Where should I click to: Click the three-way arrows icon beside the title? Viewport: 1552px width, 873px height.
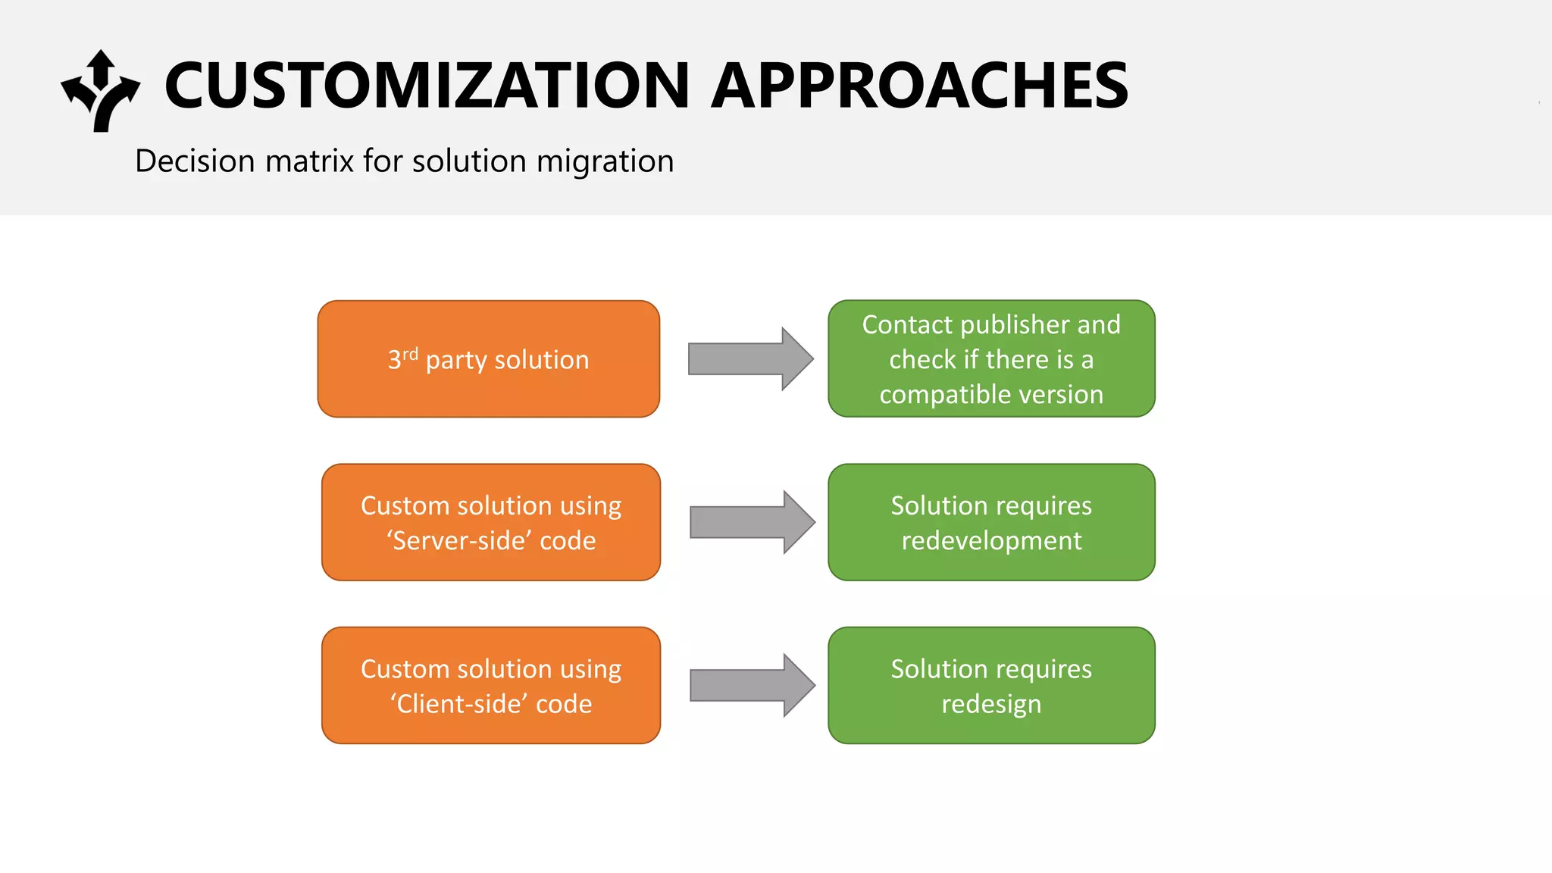point(101,91)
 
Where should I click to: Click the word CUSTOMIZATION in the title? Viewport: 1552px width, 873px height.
point(427,86)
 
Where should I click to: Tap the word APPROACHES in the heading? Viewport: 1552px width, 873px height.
point(919,86)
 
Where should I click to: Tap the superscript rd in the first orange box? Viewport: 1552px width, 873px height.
point(410,353)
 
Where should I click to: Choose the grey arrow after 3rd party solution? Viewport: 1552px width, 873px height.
point(749,359)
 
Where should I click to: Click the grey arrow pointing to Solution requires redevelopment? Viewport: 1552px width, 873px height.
point(751,522)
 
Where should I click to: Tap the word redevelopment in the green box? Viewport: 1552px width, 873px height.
point(991,541)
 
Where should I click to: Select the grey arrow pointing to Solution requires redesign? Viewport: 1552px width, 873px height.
point(751,685)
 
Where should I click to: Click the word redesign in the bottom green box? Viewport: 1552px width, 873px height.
point(991,704)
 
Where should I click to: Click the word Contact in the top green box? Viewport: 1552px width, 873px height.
point(906,324)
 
